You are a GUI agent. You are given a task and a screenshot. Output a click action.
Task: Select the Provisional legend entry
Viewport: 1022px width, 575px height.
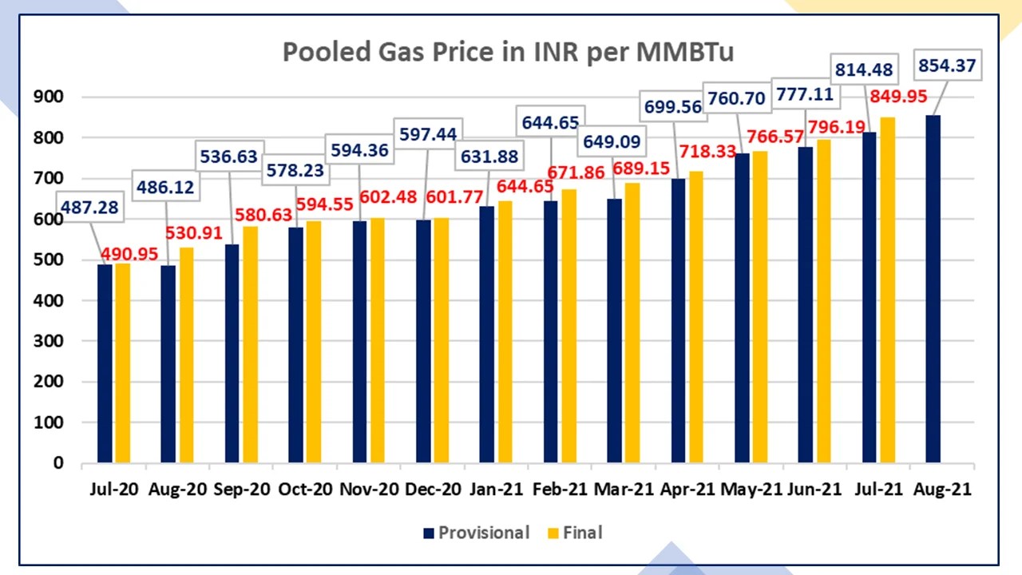tap(476, 533)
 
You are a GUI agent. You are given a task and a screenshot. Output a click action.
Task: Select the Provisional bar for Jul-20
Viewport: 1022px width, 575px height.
tap(105, 363)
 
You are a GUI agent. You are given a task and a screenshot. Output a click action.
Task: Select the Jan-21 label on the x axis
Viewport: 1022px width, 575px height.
tap(496, 490)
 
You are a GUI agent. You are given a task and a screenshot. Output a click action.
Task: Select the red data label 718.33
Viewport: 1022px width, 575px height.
tap(707, 151)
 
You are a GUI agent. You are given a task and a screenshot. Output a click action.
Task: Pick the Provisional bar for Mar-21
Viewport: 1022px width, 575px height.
tap(614, 331)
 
